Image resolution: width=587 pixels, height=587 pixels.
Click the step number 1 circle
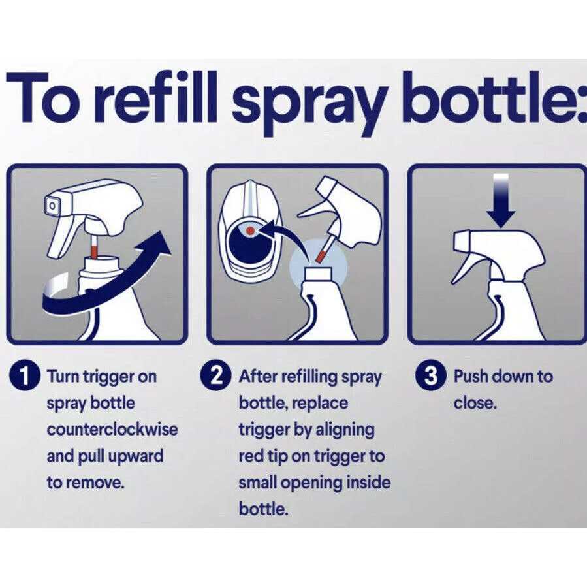coord(24,376)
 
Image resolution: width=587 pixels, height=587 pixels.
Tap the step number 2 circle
coord(216,376)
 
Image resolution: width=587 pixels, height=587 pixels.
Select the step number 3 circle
coord(431,376)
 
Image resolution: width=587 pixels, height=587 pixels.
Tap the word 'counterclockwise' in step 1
coord(112,429)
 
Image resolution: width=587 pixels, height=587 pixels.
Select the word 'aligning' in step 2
coord(345,430)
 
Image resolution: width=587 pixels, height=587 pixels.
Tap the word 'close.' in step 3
coord(475,403)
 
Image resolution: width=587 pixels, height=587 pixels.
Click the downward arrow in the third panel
coord(501,200)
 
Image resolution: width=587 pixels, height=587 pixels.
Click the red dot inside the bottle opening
coord(251,230)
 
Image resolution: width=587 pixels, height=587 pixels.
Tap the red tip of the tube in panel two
coord(321,257)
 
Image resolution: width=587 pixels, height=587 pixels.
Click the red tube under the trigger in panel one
coord(94,249)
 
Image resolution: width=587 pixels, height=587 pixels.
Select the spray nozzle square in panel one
coord(52,206)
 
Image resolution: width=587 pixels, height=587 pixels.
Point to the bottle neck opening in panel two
coord(318,274)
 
